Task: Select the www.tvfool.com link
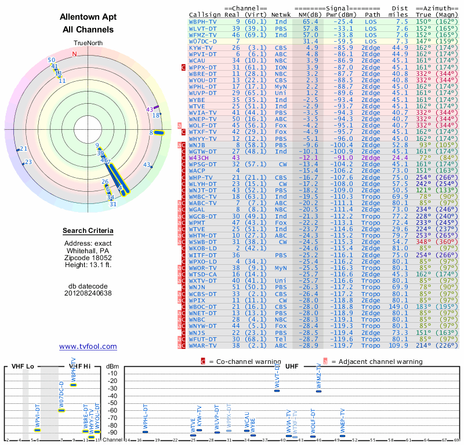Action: point(88,346)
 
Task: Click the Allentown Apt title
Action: point(87,17)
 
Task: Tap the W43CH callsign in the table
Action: point(199,158)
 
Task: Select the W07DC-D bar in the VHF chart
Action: point(62,410)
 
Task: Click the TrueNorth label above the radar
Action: point(87,43)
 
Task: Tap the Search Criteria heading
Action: point(88,231)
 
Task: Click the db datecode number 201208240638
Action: point(88,293)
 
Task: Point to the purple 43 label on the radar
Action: point(150,109)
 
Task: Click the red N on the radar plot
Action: point(74,54)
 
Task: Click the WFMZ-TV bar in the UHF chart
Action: point(318,391)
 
